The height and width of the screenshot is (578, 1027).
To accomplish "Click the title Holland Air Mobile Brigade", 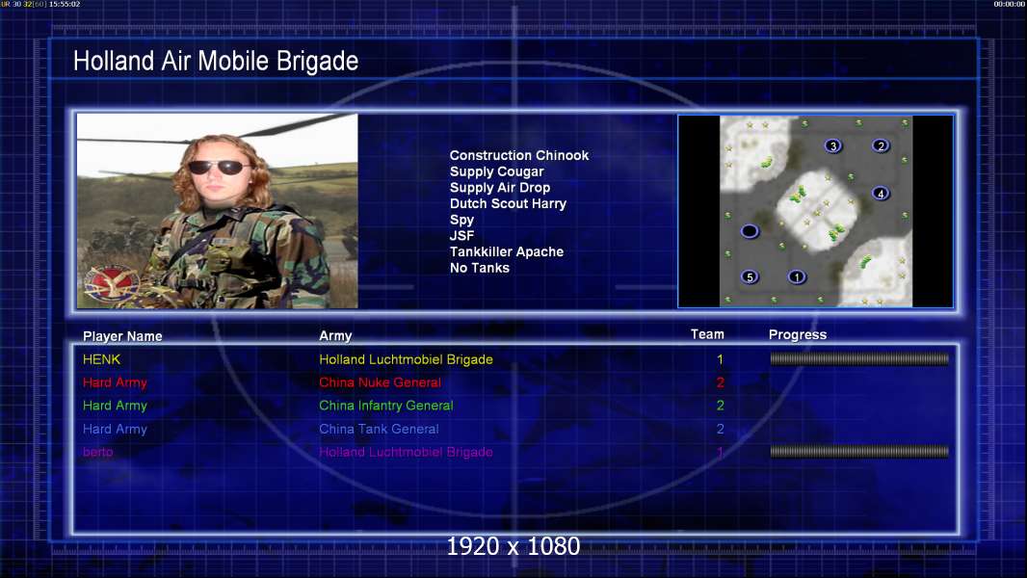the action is (x=216, y=61).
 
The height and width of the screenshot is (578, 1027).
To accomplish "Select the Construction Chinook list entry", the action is (x=518, y=156).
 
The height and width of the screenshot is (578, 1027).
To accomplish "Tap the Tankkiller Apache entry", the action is (x=507, y=252).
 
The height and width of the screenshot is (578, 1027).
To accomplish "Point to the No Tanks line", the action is (x=480, y=268).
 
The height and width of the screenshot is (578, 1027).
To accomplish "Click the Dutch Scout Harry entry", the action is (x=508, y=203).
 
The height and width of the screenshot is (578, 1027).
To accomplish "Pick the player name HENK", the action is (x=101, y=359).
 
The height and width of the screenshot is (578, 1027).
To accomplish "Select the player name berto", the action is (x=97, y=452).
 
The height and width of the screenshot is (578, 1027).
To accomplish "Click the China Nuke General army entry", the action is (x=380, y=382).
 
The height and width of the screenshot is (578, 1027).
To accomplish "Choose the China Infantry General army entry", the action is (x=385, y=406).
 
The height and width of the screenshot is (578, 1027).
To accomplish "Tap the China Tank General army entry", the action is (x=379, y=429).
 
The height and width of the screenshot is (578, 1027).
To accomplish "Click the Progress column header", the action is (x=797, y=334).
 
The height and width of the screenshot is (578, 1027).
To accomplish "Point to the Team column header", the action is (x=707, y=334).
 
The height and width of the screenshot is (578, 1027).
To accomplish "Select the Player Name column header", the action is (x=122, y=336).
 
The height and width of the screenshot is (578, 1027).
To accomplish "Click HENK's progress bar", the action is (x=859, y=358).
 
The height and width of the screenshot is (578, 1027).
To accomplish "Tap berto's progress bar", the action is (x=859, y=451).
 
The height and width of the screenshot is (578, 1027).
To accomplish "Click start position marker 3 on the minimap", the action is (x=832, y=146).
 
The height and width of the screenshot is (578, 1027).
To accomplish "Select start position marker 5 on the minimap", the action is (x=750, y=276).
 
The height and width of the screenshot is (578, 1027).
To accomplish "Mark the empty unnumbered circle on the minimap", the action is (x=750, y=231).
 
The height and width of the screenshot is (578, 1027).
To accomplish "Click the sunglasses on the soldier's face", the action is (x=219, y=168).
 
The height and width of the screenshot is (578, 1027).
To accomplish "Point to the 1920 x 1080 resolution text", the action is (x=513, y=546).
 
